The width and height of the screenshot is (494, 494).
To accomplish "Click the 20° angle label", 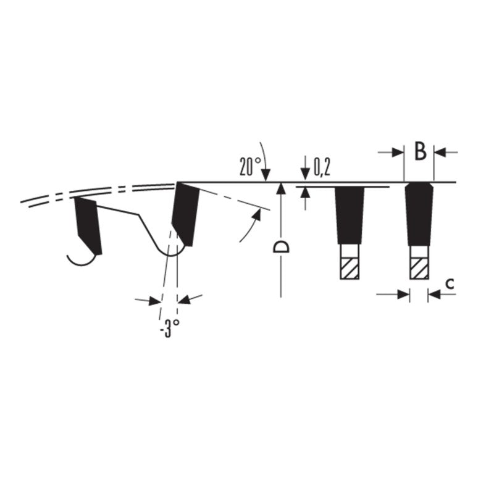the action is coord(250,166).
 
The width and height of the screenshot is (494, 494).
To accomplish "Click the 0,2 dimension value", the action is coord(322,167).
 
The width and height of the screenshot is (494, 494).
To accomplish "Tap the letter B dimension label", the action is coord(420,151).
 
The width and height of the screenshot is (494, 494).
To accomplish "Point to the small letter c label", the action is coord(451,284).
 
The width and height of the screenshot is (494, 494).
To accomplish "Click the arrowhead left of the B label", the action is coord(398,153).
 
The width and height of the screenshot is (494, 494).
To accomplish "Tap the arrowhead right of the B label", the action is coord(440,153).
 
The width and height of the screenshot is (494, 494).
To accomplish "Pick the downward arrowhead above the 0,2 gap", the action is coord(305,175).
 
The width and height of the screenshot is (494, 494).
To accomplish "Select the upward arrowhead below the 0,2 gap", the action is coord(305,193).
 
